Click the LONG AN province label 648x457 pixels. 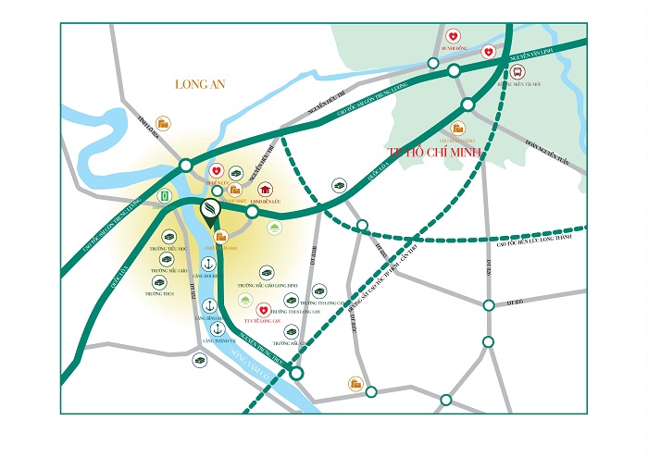(201, 84)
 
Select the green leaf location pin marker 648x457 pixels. (211, 211)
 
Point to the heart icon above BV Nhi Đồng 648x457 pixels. (453, 36)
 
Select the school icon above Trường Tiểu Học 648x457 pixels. (169, 237)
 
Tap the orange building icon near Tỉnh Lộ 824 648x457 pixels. (163, 122)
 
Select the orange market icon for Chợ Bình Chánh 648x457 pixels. (457, 129)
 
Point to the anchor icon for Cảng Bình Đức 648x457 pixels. (209, 305)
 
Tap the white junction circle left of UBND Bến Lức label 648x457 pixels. (252, 212)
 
